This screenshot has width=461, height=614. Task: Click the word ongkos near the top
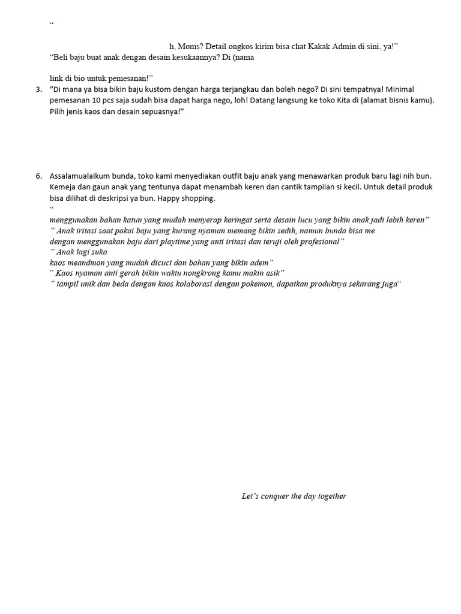(243, 46)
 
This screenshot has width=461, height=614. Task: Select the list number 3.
(38, 89)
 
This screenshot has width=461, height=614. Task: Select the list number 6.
(38, 176)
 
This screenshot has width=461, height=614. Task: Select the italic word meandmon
(84, 262)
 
